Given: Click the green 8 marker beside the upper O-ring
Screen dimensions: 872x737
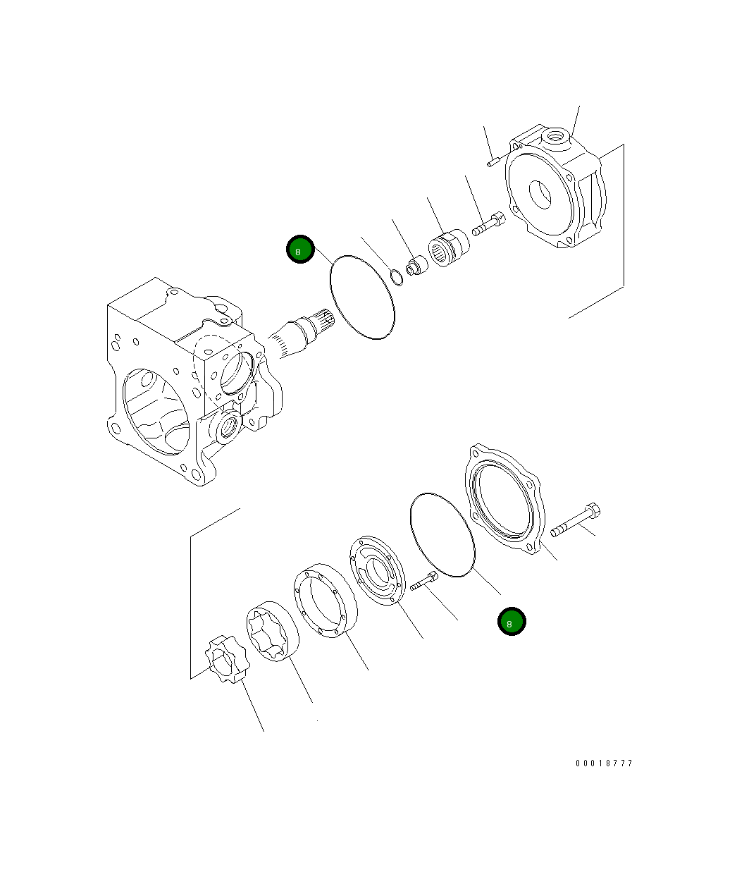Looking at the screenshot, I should [300, 250].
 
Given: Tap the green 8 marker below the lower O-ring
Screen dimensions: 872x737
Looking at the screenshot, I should [512, 621].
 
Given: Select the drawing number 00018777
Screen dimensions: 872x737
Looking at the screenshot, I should [604, 763].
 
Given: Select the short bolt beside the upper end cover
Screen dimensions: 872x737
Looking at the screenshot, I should [487, 225].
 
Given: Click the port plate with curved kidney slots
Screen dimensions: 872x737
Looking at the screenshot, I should [378, 570].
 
